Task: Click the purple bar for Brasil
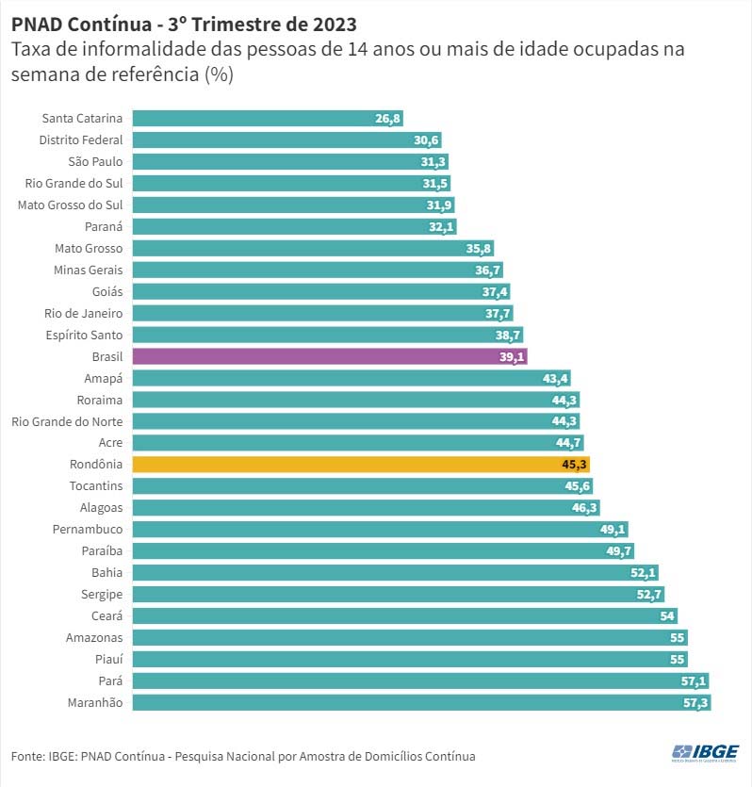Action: pos(320,356)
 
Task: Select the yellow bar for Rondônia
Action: pos(358,464)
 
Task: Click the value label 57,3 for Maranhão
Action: pos(696,702)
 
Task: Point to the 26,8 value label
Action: pos(388,118)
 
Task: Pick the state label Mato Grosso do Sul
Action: pos(71,205)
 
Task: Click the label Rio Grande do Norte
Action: pos(67,420)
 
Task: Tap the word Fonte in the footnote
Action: pos(26,756)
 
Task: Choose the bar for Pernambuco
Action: pos(377,529)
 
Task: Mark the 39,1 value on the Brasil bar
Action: pos(513,356)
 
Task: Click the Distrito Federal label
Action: pos(81,139)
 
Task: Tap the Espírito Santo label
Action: pos(84,335)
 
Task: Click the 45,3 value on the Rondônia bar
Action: pos(576,464)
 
